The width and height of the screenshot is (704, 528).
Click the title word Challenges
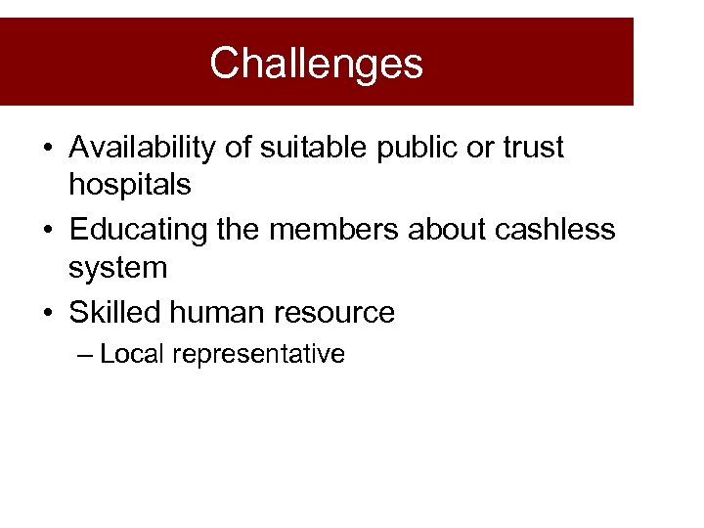pyautogui.click(x=316, y=64)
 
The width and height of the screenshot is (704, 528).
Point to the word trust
pyautogui.click(x=533, y=148)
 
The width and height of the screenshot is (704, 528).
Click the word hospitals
pyautogui.click(x=130, y=183)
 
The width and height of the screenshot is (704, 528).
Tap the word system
pyautogui.click(x=118, y=267)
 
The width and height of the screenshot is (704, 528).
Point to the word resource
pyautogui.click(x=336, y=314)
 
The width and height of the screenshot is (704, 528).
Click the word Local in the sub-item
pyautogui.click(x=132, y=354)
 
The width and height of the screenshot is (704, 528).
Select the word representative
pyautogui.click(x=259, y=355)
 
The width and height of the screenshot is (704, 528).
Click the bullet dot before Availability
pyautogui.click(x=47, y=150)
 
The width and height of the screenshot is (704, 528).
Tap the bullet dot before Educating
pyautogui.click(x=47, y=232)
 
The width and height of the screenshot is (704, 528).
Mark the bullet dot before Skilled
pyautogui.click(x=47, y=314)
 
